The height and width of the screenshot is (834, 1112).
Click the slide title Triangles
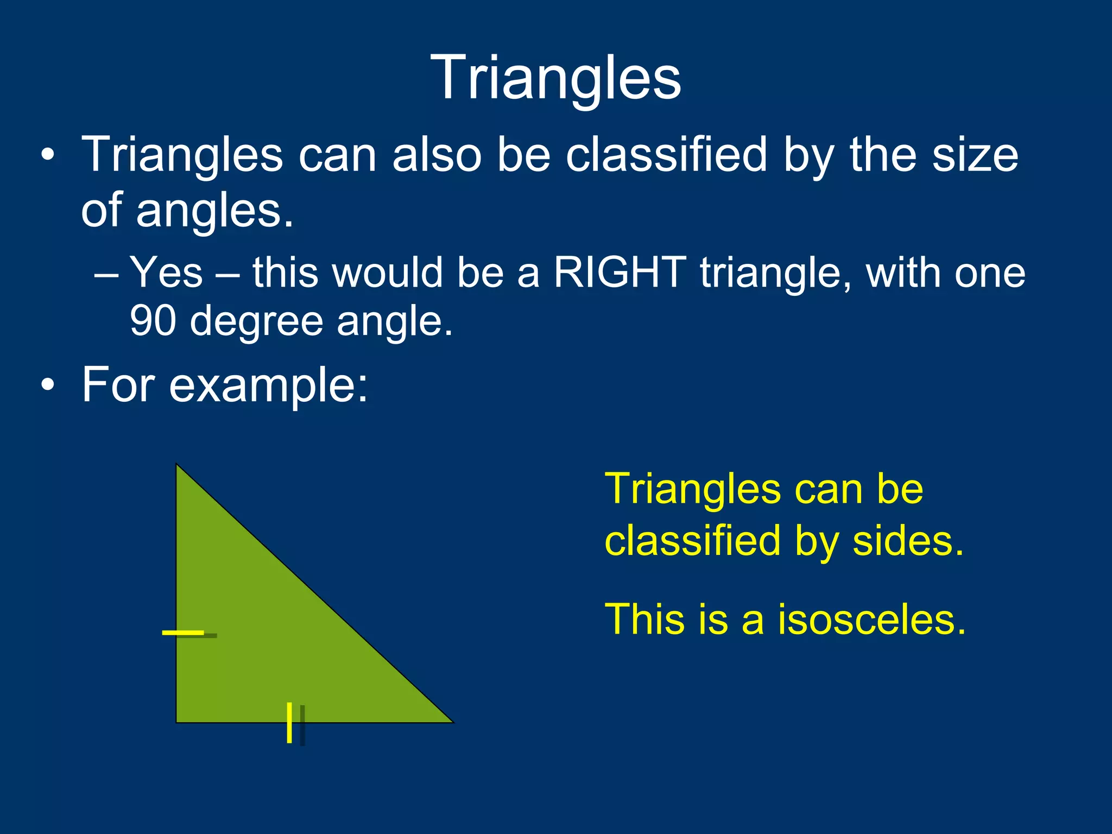555,78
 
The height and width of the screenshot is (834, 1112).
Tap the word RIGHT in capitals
620,272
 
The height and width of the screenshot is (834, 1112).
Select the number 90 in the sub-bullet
153,321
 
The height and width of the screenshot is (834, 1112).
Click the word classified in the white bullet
666,155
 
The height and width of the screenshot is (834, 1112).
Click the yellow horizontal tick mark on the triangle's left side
183,632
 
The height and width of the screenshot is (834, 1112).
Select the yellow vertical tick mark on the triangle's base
289,722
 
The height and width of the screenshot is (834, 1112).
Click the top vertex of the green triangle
177,465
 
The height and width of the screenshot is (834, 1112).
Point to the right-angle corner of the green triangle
177,722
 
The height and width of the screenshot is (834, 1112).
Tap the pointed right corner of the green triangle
452,722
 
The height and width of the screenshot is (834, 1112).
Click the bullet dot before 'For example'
48,385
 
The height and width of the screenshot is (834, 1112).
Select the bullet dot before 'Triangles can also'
48,156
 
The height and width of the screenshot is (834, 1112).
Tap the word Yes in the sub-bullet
166,272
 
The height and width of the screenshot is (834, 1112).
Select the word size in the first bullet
975,155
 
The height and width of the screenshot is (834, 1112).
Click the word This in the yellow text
646,620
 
